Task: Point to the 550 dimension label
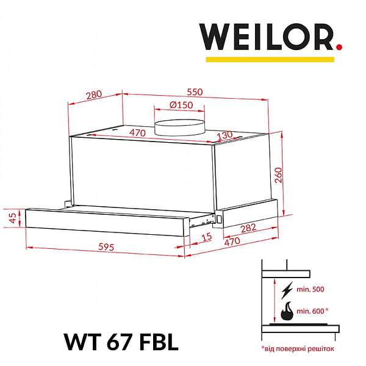click(194, 92)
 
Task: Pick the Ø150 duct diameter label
click(181, 105)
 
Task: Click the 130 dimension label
click(225, 135)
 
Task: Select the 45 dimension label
click(11, 218)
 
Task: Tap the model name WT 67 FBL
click(121, 342)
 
